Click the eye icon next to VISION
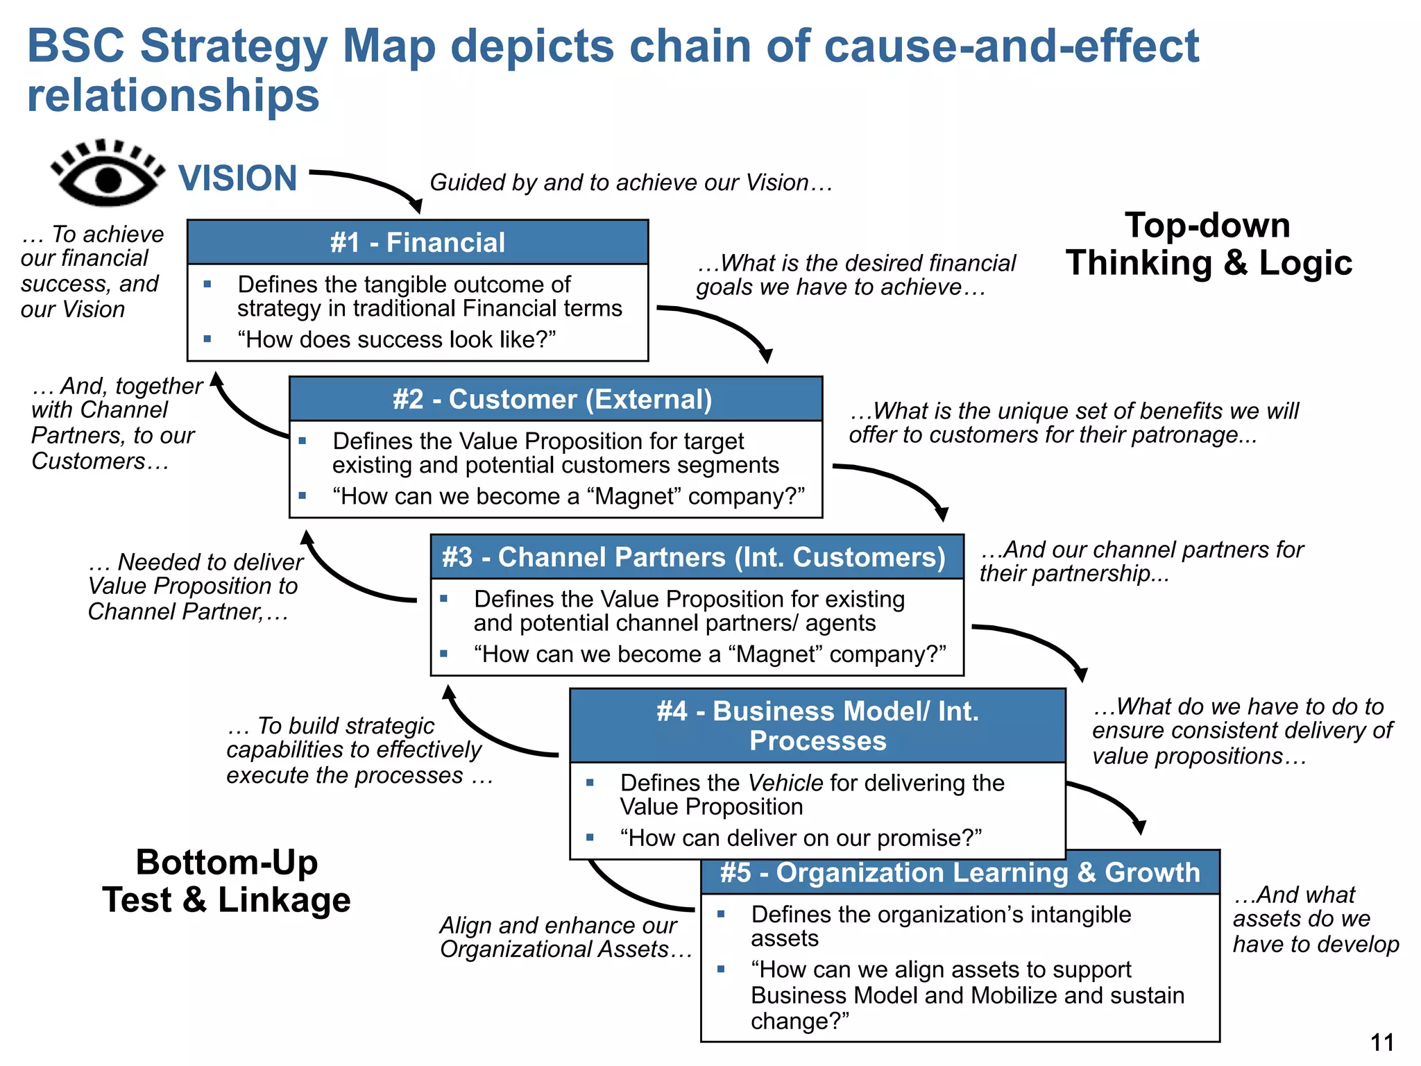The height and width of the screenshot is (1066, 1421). pyautogui.click(x=108, y=175)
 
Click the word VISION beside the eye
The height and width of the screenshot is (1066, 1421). pyautogui.click(x=237, y=178)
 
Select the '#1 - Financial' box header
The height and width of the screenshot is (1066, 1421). pyautogui.click(x=417, y=242)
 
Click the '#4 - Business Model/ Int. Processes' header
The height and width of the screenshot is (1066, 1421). pyautogui.click(x=817, y=726)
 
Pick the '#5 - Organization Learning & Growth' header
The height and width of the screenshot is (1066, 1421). pyautogui.click(x=960, y=873)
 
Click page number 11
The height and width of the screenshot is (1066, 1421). pyautogui.click(x=1381, y=1042)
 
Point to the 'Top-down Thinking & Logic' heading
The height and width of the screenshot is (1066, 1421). pyautogui.click(x=1208, y=244)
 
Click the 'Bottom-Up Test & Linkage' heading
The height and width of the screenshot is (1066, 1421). pyautogui.click(x=227, y=881)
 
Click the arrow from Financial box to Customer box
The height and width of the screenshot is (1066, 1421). pyautogui.click(x=722, y=326)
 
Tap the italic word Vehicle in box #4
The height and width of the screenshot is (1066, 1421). pyautogui.click(x=785, y=783)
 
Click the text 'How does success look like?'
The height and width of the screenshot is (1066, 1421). pyautogui.click(x=396, y=339)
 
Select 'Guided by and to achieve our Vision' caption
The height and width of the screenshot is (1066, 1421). pyautogui.click(x=630, y=183)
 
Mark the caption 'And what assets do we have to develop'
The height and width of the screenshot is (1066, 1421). pyautogui.click(x=1314, y=919)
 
